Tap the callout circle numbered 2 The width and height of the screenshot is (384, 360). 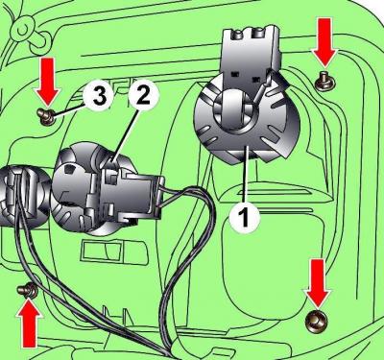[143, 96]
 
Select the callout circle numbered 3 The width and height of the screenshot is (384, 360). [99, 96]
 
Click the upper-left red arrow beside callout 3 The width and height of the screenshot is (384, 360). [48, 83]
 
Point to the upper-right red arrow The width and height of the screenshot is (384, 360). [324, 42]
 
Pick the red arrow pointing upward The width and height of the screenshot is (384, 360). [30, 323]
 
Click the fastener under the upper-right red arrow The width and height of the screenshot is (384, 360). [325, 82]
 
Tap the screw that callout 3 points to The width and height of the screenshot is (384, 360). [46, 116]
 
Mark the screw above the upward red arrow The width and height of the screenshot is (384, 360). [27, 290]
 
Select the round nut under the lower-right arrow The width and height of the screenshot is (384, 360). [317, 320]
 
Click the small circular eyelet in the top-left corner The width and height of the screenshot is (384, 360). [22, 30]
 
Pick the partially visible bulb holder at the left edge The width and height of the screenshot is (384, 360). [22, 194]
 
